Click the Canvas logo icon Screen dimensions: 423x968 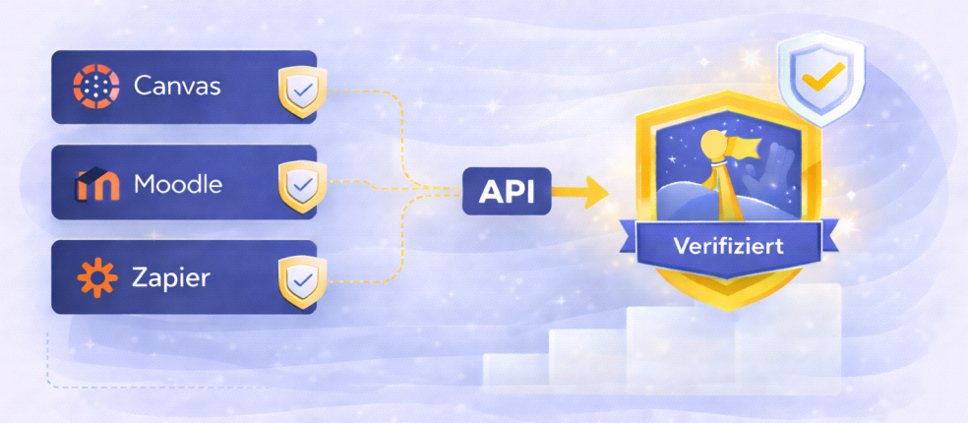click(x=96, y=88)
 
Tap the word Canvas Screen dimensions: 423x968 click(x=177, y=88)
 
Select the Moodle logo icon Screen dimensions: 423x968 click(x=96, y=183)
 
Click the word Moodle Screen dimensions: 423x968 click(x=178, y=183)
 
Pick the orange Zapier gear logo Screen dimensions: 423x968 click(x=96, y=277)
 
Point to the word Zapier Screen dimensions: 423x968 click(x=171, y=277)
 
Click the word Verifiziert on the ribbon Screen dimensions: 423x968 click(x=729, y=246)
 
